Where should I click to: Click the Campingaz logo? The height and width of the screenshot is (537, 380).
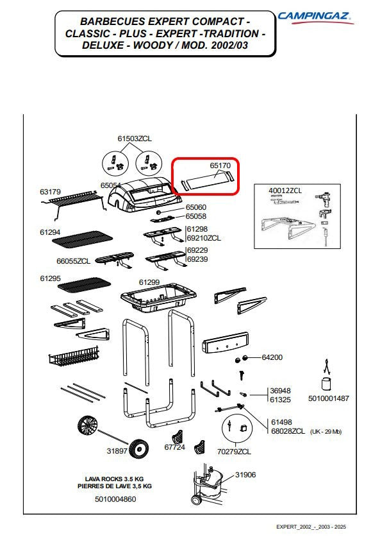(x=315, y=17)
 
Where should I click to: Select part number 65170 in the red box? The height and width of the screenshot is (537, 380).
(x=220, y=166)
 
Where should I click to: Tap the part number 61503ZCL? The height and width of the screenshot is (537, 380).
(x=135, y=139)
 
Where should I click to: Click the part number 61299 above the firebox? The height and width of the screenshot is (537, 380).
(x=149, y=282)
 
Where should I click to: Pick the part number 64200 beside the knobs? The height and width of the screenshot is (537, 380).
(x=272, y=357)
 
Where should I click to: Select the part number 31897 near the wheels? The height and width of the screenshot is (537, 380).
(x=117, y=450)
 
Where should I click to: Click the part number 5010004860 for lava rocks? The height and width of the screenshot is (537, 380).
(x=115, y=499)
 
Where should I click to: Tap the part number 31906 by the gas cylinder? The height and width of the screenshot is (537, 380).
(x=245, y=475)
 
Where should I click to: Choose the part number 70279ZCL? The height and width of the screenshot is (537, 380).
(x=234, y=452)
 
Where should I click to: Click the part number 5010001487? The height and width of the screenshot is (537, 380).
(x=329, y=398)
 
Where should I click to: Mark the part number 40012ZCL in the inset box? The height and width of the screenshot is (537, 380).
(x=285, y=191)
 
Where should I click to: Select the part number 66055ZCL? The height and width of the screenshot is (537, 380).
(x=74, y=261)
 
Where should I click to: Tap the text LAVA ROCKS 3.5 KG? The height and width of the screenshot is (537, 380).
(x=114, y=479)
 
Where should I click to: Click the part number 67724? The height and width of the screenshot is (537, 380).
(x=174, y=447)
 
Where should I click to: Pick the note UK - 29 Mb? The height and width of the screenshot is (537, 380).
(x=326, y=432)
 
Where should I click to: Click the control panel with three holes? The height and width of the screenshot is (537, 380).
(x=226, y=343)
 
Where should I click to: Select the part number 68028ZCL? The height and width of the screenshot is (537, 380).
(x=288, y=431)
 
